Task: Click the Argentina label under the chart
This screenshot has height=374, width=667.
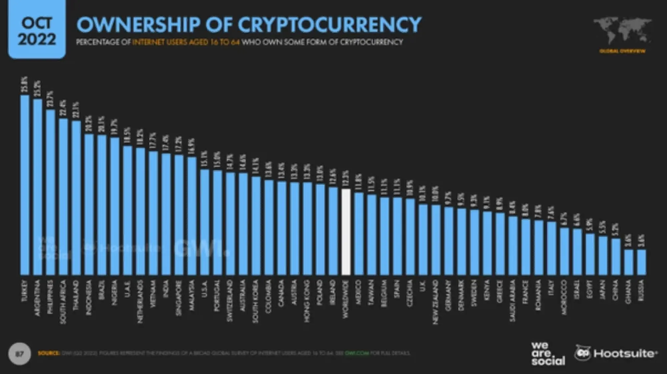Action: pos(38,298)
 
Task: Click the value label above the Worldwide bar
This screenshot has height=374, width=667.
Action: pos(346,179)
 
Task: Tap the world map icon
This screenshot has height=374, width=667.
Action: pos(622,31)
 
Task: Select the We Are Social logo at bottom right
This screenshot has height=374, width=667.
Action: pos(548,354)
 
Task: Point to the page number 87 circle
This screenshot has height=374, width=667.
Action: pos(19,353)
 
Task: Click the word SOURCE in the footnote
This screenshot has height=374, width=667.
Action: pos(49,353)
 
